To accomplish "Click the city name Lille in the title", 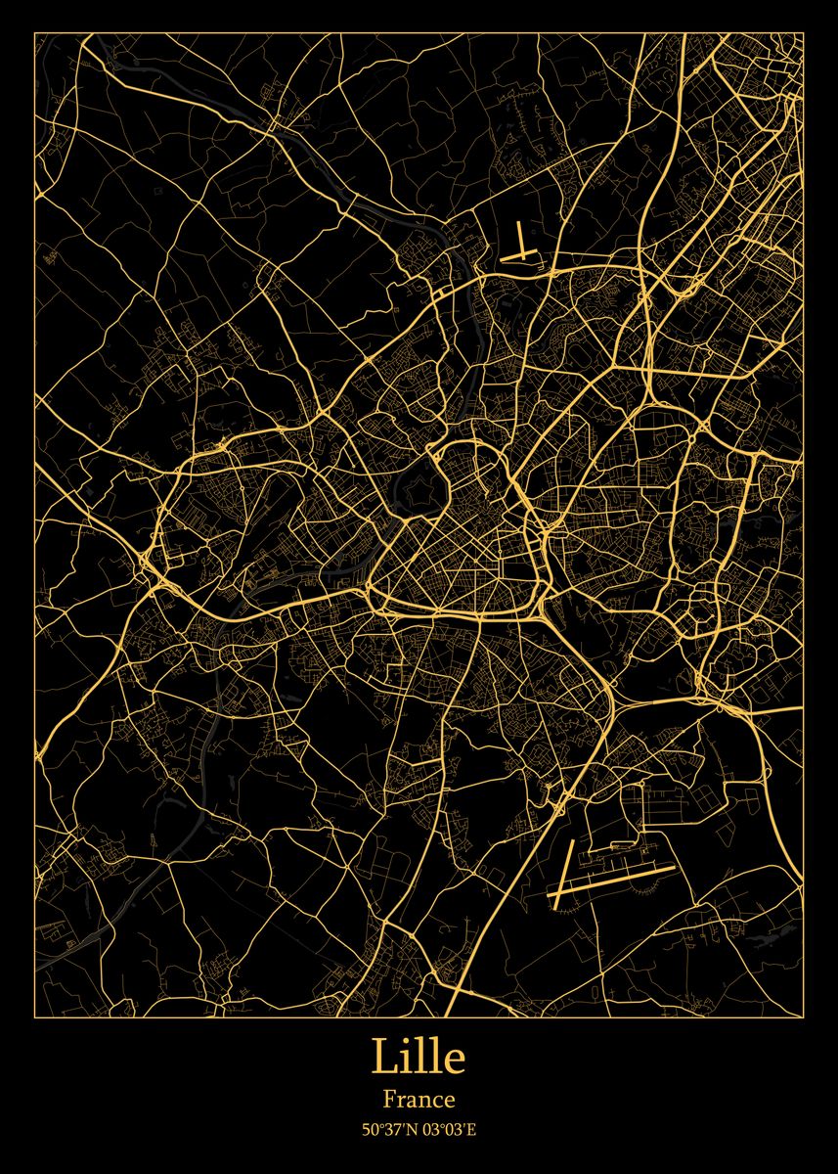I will coord(419,1058).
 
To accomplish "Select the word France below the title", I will coord(419,1101).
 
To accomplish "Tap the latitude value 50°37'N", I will coord(388,1131).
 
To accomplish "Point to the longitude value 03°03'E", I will coord(450,1131).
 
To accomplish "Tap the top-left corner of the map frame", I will coord(35,33).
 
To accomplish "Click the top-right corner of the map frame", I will coord(804,33).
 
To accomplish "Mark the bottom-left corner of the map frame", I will coord(35,1016).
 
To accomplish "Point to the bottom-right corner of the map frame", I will coord(804,1016).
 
